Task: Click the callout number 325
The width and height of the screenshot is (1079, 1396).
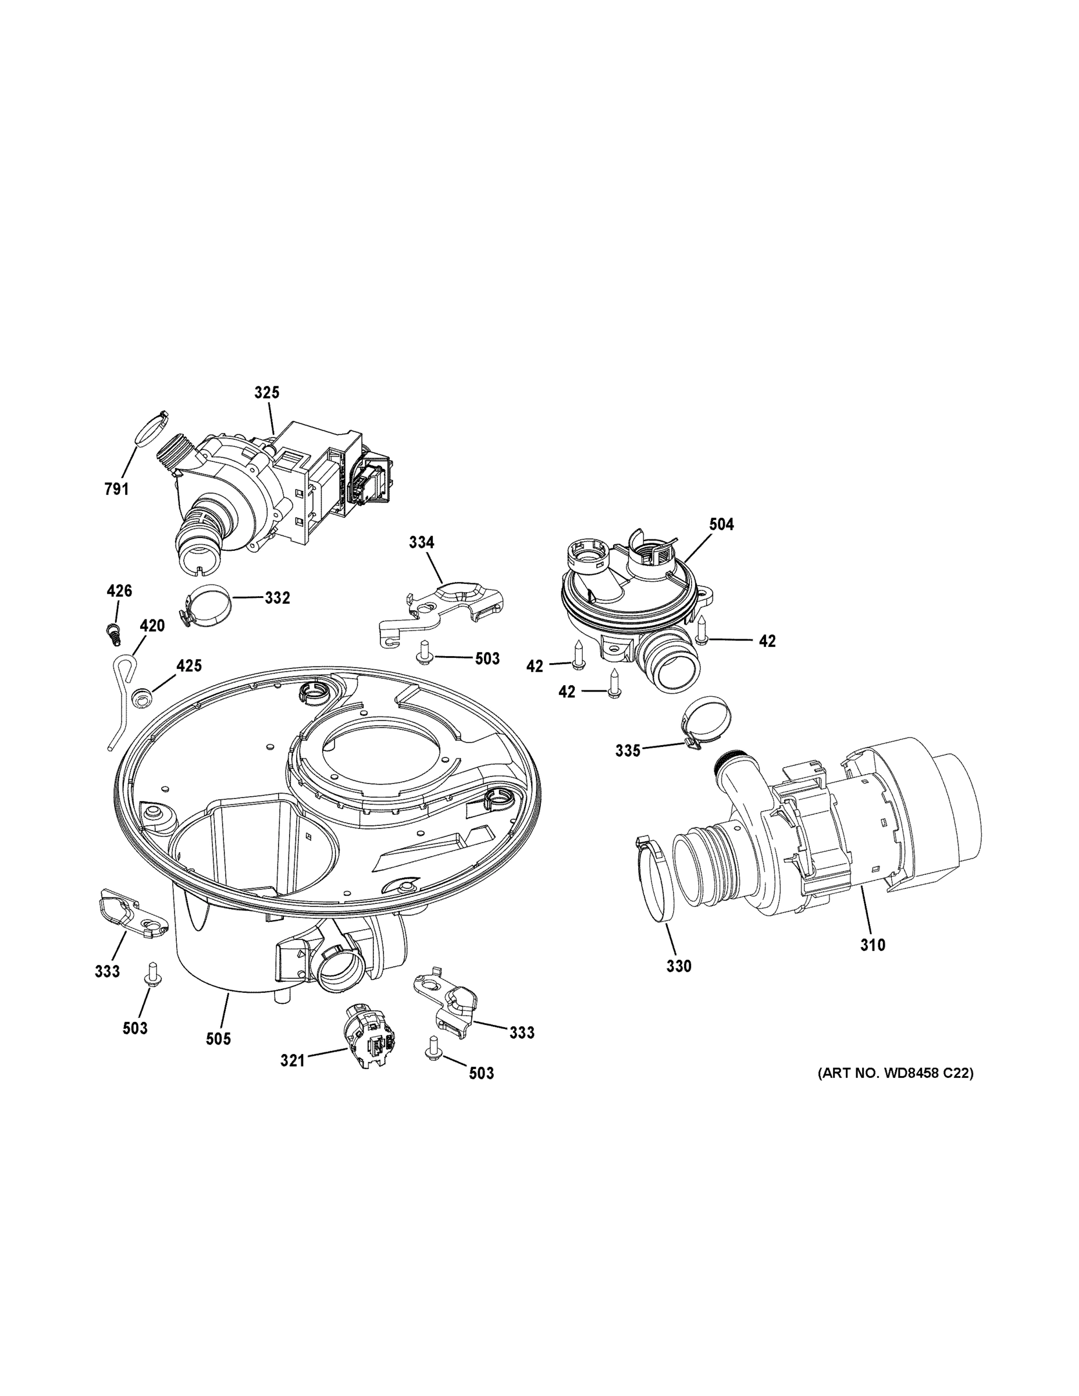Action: point(266,393)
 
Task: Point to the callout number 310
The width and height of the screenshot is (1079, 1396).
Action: point(873,945)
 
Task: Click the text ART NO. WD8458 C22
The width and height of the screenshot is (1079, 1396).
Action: point(896,1074)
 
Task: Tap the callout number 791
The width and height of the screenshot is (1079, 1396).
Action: point(116,490)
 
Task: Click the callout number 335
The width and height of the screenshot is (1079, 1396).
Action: point(627,751)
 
